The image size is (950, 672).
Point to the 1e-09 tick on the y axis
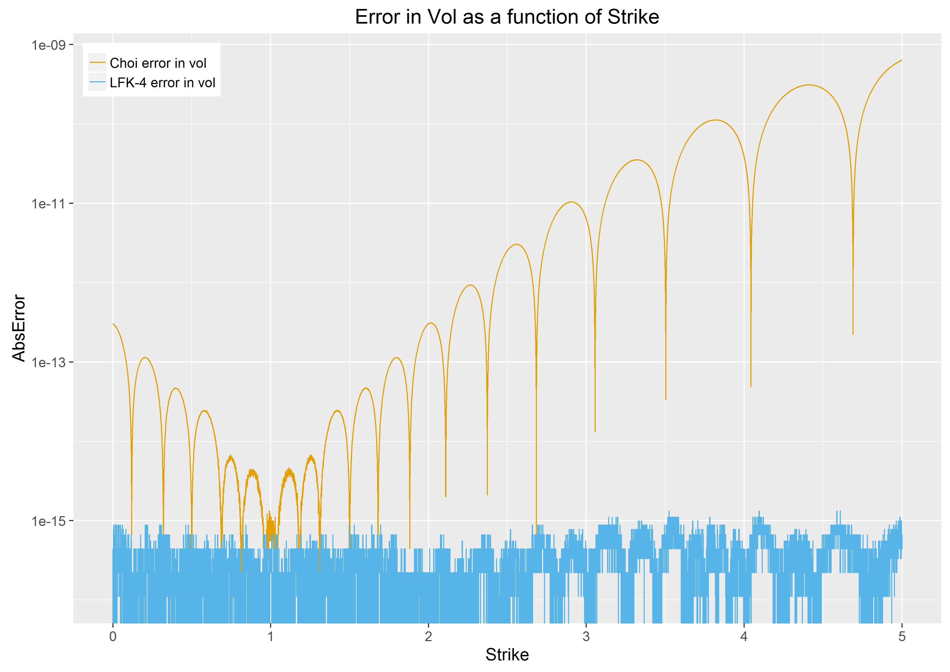[x=49, y=45]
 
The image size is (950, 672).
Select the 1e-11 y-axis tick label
[x=49, y=203]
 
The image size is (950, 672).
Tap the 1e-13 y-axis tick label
[x=49, y=363]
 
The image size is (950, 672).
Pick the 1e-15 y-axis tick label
[x=49, y=521]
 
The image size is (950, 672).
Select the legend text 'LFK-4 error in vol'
[x=162, y=83]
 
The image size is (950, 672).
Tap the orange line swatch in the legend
[x=98, y=63]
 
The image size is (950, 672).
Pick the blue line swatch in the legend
[x=98, y=83]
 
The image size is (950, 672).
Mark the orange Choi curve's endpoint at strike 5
[x=902, y=60]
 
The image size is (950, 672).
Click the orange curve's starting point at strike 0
[x=113, y=324]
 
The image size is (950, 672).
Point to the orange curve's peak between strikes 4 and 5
[x=809, y=85]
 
